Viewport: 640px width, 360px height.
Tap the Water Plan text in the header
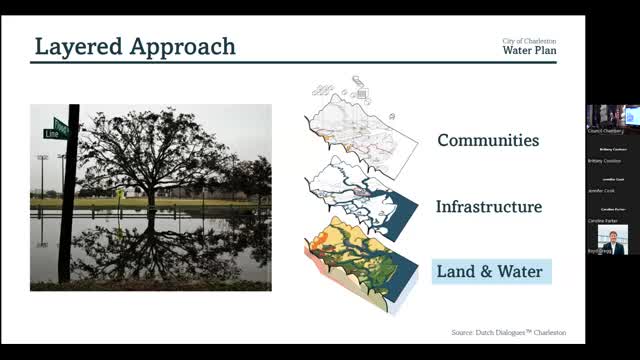pos(529,50)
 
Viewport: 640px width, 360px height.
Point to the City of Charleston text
pos(529,40)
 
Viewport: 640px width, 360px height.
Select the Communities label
pos(488,141)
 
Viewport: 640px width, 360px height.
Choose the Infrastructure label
pos(488,207)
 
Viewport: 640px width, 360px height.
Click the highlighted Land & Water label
pos(488,271)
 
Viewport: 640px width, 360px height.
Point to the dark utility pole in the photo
pos(70,200)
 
